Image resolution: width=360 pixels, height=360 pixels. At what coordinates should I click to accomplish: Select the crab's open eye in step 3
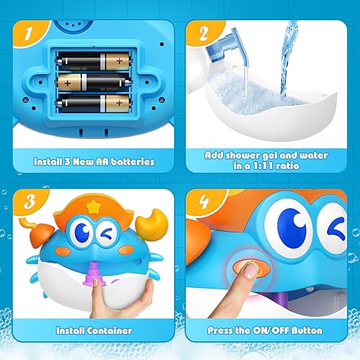pyautogui.click(x=86, y=235)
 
